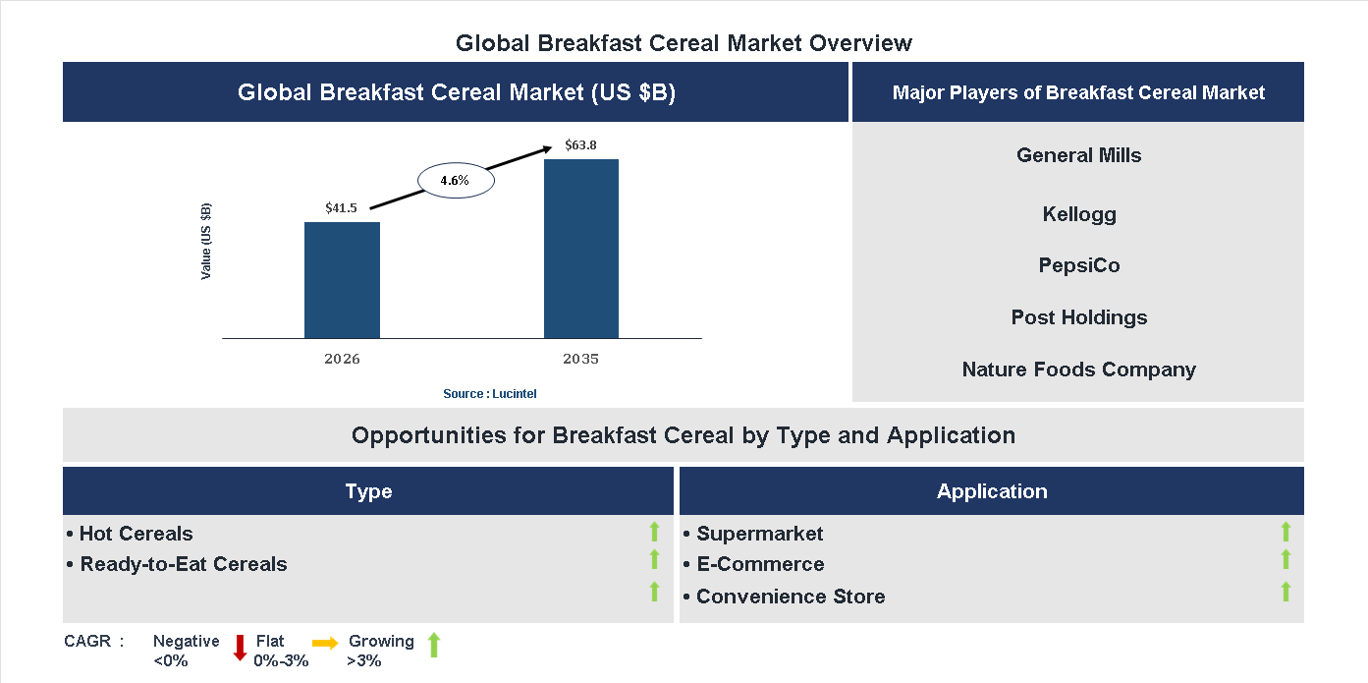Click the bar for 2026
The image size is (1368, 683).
click(x=342, y=280)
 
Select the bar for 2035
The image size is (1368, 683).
click(x=581, y=249)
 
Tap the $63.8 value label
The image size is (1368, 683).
click(x=580, y=145)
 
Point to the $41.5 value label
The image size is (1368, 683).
click(x=342, y=207)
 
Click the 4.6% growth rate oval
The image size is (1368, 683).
click(x=456, y=180)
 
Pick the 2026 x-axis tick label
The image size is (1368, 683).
click(x=342, y=359)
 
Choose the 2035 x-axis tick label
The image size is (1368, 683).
click(x=580, y=359)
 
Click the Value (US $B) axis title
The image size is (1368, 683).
click(x=206, y=241)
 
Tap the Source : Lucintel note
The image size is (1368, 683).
click(x=490, y=393)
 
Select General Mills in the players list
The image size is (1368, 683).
click(x=1078, y=155)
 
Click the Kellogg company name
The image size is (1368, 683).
click(x=1078, y=214)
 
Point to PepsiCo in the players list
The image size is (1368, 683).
click(x=1078, y=265)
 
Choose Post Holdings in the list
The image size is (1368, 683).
click(x=1078, y=317)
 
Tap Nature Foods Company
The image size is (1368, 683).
click(x=1078, y=370)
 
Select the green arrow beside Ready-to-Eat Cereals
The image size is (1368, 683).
click(x=654, y=559)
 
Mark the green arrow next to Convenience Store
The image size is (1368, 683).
click(x=1286, y=592)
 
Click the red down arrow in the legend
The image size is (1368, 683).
click(x=240, y=648)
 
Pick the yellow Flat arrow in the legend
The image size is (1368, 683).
click(x=325, y=642)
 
